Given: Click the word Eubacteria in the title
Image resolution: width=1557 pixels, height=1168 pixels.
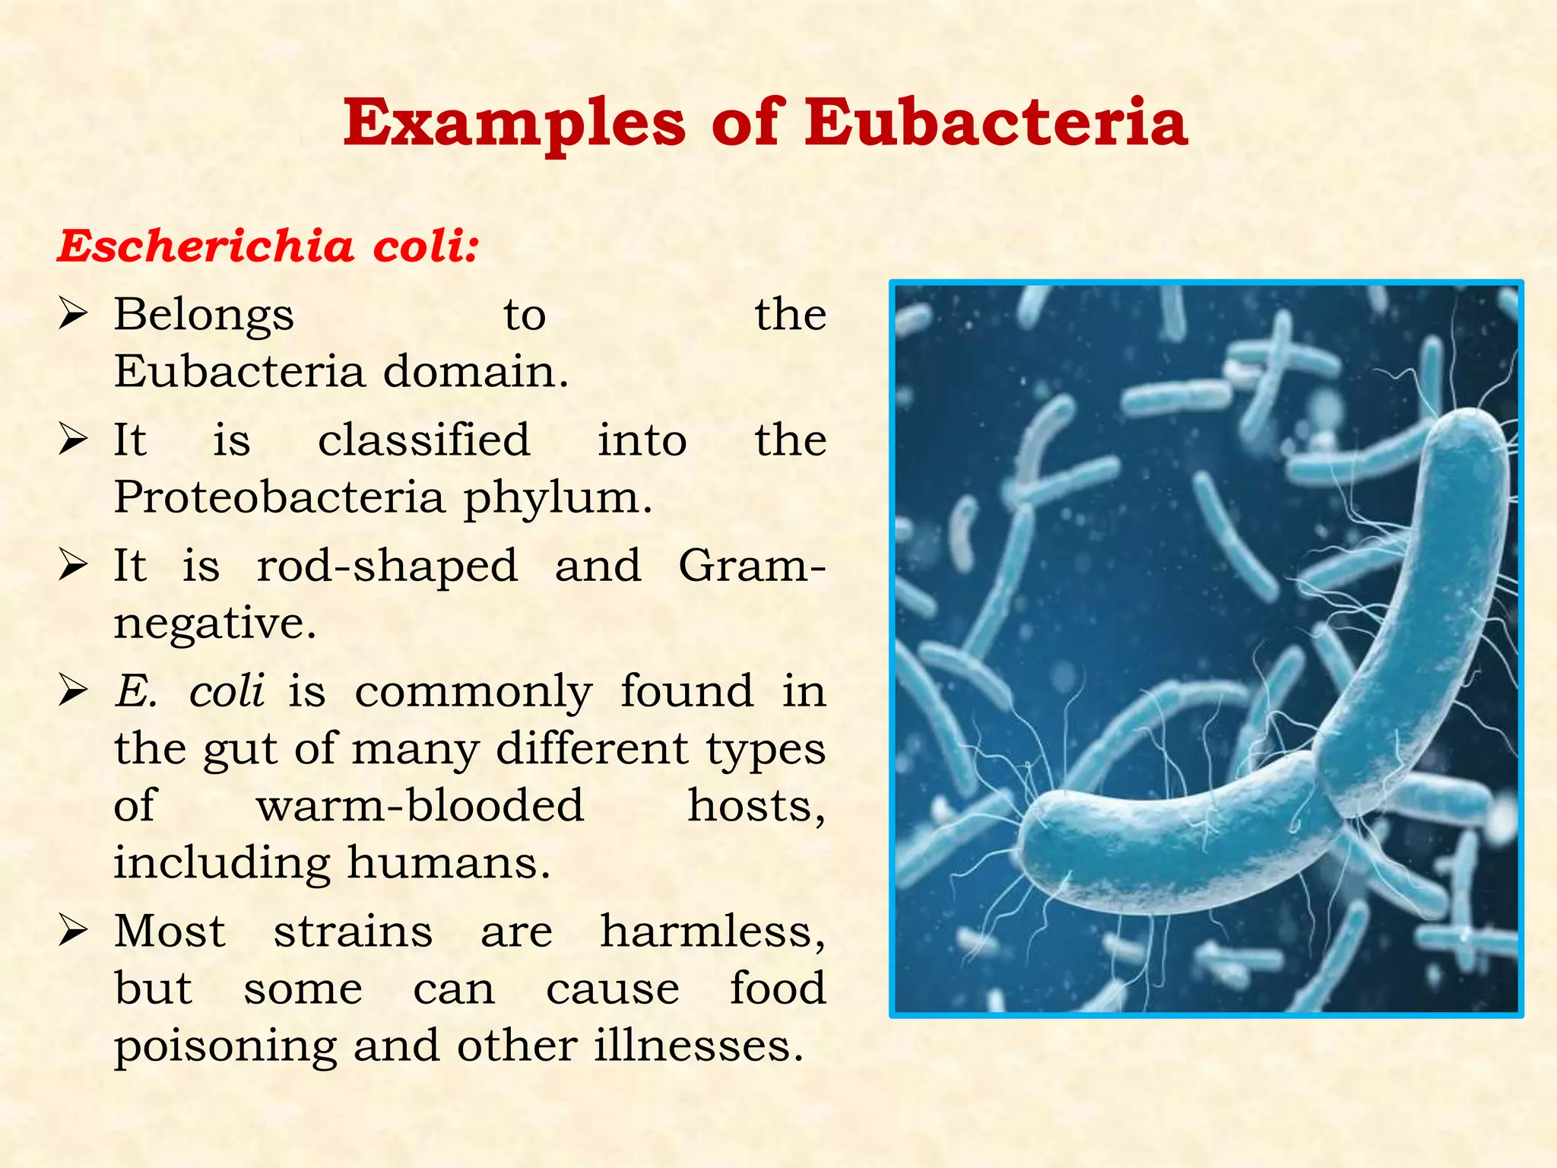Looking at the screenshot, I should pyautogui.click(x=996, y=123).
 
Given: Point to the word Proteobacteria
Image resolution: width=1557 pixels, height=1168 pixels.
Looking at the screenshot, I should pyautogui.click(x=279, y=498).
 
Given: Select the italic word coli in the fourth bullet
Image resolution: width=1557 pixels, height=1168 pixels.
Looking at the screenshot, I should pyautogui.click(x=227, y=692).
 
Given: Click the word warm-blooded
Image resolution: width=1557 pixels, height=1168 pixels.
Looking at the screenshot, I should pyautogui.click(x=420, y=806).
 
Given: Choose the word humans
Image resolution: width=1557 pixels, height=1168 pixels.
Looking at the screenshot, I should pyautogui.click(x=449, y=864).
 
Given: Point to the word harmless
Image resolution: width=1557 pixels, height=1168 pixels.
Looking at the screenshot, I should pyautogui.click(x=712, y=932).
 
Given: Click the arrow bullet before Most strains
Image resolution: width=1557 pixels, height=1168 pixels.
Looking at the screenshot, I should pyautogui.click(x=73, y=931).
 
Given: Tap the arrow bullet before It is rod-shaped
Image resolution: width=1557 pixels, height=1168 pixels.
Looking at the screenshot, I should pyautogui.click(x=73, y=566).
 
